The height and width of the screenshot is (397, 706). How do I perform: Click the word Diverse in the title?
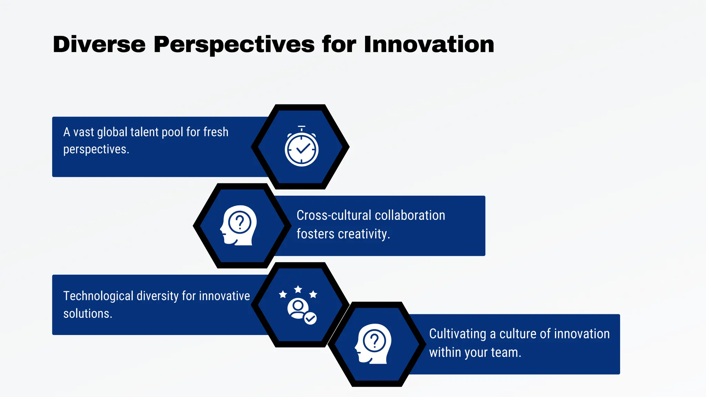point(99,44)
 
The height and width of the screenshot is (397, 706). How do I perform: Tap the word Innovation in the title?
point(428,44)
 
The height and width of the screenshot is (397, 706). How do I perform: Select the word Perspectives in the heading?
point(234,44)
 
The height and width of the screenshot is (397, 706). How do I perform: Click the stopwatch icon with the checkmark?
point(302,147)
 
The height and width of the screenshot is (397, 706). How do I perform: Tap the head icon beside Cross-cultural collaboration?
point(239,225)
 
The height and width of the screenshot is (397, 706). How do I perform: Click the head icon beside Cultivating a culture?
point(373,344)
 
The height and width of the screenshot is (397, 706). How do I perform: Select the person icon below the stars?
point(298,308)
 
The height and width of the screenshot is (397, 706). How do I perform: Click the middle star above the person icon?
point(298,289)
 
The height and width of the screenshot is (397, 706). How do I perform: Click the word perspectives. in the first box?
point(96,150)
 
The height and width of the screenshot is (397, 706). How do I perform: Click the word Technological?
point(98,296)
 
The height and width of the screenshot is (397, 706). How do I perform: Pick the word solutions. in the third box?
point(88,314)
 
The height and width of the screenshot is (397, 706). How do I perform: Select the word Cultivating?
point(457,334)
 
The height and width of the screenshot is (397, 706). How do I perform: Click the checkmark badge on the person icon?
point(310,318)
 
